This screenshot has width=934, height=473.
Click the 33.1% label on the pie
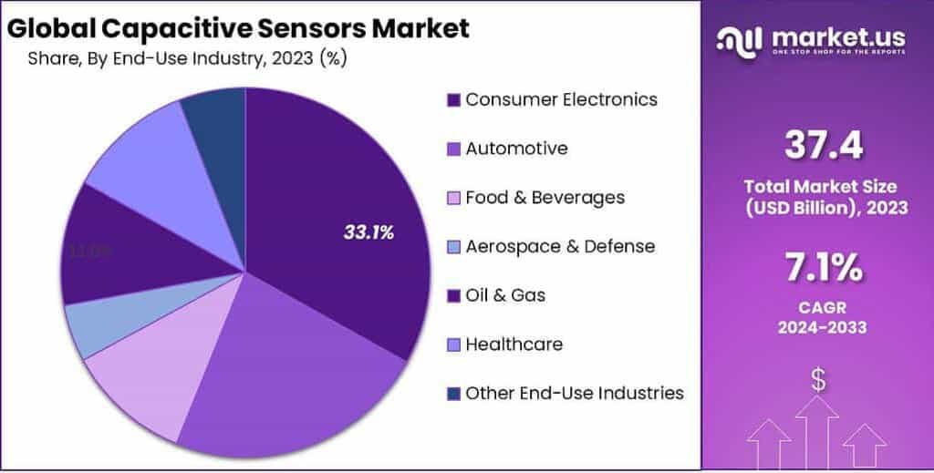coord(368,232)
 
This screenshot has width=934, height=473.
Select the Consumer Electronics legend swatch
coord(453,100)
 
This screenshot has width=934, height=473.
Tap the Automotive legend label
coord(516,149)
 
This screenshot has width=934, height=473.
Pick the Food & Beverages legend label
coord(545,198)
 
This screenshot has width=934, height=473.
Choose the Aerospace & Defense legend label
coord(560,247)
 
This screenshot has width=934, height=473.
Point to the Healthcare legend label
coord(514,344)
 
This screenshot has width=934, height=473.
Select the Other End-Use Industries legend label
coord(574,394)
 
